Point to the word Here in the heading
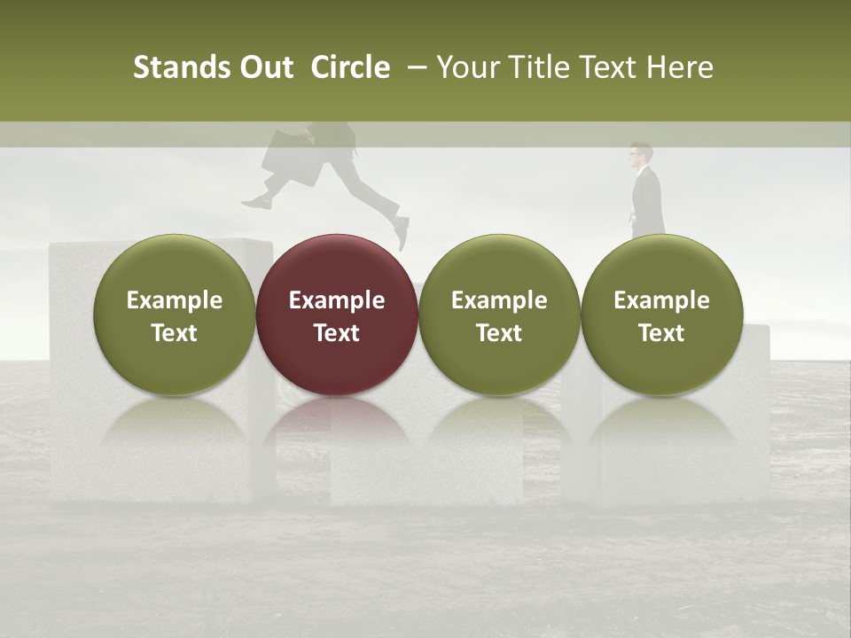[681, 68]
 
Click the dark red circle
[337, 314]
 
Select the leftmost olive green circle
[174, 314]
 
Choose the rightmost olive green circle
[661, 314]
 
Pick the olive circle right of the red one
[499, 314]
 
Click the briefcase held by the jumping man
[291, 157]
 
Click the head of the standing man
[640, 154]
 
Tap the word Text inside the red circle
[337, 333]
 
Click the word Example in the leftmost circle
[174, 300]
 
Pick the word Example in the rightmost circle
[661, 300]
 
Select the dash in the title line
[414, 68]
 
